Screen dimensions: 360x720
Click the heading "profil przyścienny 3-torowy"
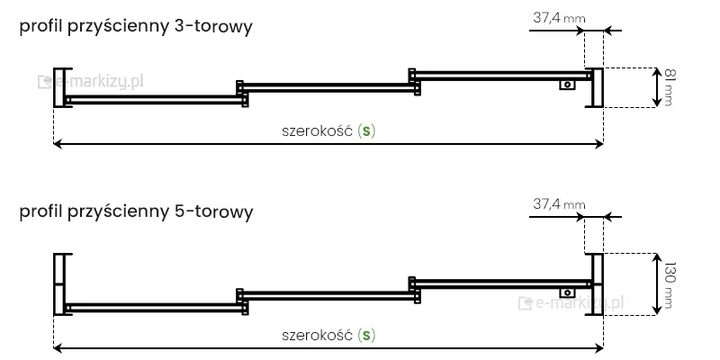(136, 28)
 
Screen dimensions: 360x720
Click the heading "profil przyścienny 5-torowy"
(136, 213)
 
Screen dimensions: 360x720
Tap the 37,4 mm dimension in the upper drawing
(559, 17)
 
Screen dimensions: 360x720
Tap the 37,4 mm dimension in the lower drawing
(559, 204)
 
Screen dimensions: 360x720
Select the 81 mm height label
(667, 87)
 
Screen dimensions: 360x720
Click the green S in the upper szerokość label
(366, 130)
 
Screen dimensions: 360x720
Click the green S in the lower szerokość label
(366, 336)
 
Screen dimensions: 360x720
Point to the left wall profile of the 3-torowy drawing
(60, 87)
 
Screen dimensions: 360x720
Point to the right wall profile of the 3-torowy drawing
(596, 87)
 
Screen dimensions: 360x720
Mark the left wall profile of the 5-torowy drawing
(60, 283)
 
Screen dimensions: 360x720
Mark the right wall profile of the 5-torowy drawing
(596, 283)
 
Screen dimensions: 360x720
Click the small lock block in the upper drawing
(568, 85)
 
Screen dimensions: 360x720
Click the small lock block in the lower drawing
(568, 292)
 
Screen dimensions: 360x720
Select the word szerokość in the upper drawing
(318, 130)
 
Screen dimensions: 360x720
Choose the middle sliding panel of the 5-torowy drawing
(328, 293)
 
